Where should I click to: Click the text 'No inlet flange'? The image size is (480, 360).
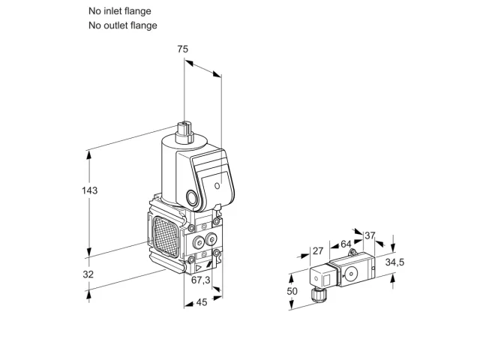click(x=120, y=11)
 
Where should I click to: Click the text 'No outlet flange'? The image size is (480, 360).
click(x=123, y=25)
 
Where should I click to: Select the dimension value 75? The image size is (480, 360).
click(x=183, y=49)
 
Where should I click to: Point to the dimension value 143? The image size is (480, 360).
click(x=90, y=190)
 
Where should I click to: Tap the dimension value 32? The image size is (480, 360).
click(x=88, y=274)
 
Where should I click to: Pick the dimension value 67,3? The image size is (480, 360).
click(x=201, y=280)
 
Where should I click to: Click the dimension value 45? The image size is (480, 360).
click(x=202, y=302)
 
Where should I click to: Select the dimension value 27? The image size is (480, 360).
click(x=318, y=251)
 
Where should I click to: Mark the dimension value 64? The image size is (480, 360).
click(x=346, y=244)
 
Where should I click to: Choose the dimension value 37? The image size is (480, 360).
click(x=370, y=235)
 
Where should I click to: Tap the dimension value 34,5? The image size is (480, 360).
click(x=394, y=262)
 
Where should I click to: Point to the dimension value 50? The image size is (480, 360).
click(x=292, y=291)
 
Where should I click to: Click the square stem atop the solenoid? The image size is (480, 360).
click(x=184, y=132)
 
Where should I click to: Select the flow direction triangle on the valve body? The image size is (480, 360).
click(x=199, y=268)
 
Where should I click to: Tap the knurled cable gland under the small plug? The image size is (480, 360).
click(x=318, y=295)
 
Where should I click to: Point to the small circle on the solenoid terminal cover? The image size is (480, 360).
click(x=217, y=186)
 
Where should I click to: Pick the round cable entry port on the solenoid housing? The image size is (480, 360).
click(x=193, y=198)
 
